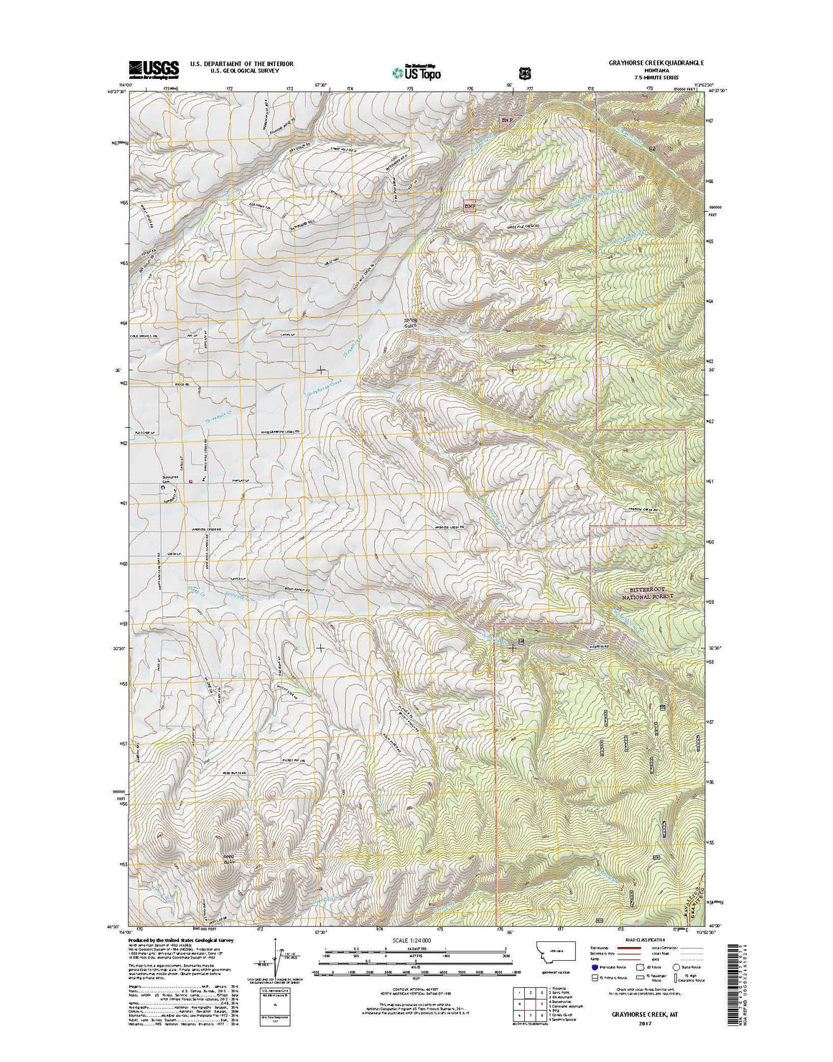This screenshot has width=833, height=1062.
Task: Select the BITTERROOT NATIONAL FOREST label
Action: (x=649, y=592)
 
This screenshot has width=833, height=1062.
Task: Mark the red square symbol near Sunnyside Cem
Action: (x=190, y=482)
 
